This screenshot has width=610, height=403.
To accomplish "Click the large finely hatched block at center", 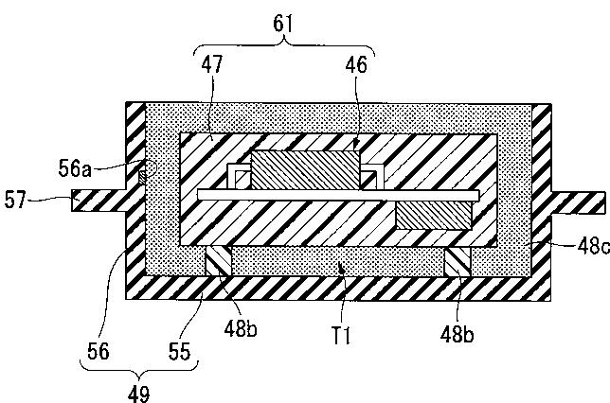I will pos(305,172).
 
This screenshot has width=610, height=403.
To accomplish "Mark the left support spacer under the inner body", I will pos(218,262).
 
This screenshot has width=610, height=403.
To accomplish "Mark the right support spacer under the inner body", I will pos(457,262).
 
